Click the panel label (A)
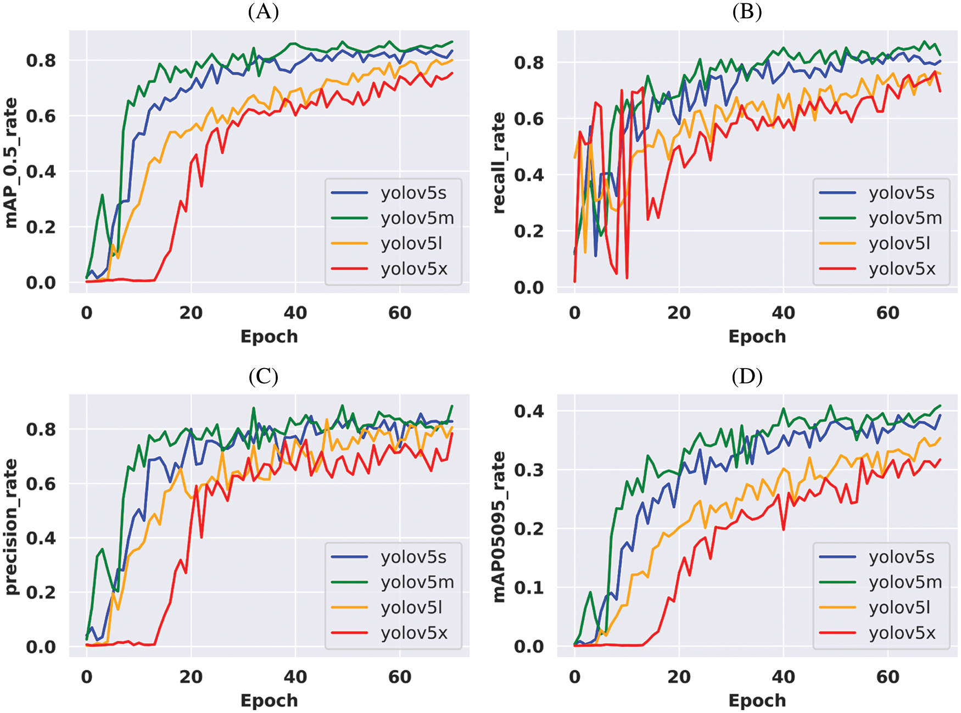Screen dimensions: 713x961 pos(263,12)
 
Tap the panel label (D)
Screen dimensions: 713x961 pos(747,376)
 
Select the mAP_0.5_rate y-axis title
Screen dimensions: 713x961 pos(11,163)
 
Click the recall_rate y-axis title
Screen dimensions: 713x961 pos(499,163)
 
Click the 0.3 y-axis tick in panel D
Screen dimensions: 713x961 pos(529,470)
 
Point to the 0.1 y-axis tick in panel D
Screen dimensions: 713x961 pos(529,588)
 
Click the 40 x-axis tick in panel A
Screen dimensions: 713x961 pos(295,313)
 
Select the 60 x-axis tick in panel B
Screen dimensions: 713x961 pos(887,313)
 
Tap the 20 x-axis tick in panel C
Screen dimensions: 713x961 pos(191,677)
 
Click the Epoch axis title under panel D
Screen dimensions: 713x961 pos(757,700)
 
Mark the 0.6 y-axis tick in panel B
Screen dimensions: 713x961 pos(529,119)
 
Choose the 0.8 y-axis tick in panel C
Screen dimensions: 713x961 pos(41,429)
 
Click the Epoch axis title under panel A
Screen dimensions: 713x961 pos(269,336)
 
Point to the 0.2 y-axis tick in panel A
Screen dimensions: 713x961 pos(41,227)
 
